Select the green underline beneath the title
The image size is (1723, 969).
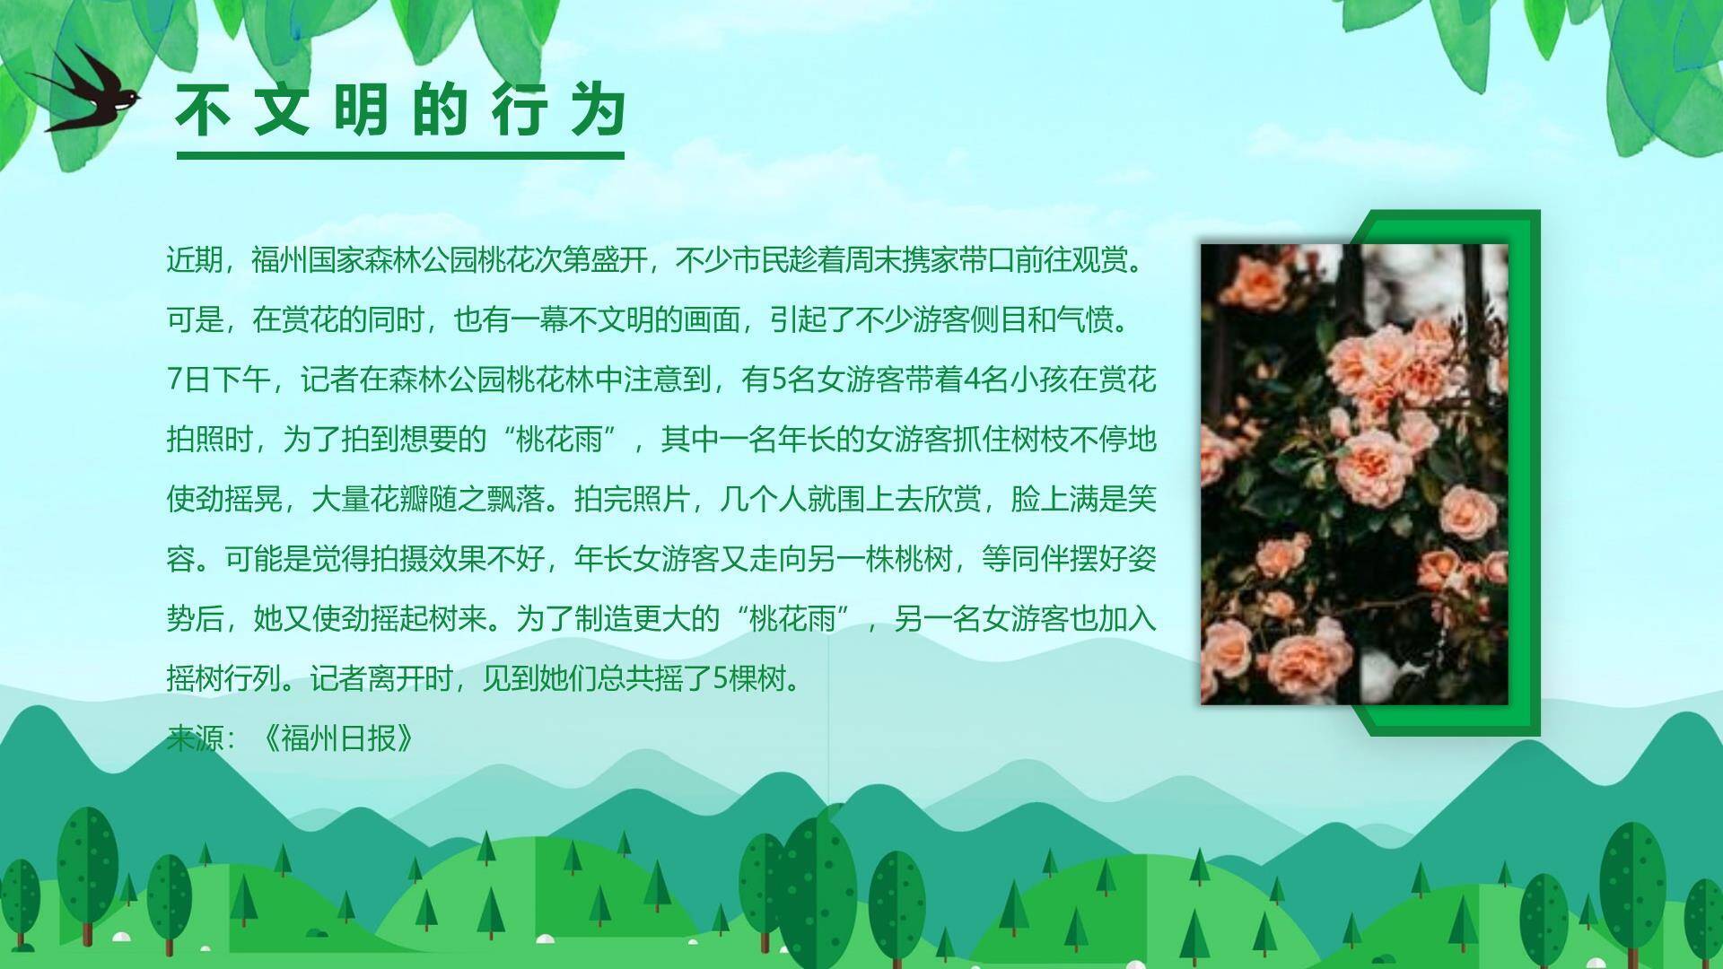tap(400, 156)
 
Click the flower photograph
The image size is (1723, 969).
tap(1354, 474)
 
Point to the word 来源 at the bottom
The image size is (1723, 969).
tap(195, 738)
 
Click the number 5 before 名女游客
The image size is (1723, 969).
tap(778, 380)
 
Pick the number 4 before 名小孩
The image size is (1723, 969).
tap(972, 380)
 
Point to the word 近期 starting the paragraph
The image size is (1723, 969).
tap(195, 261)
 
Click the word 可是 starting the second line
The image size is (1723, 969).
tap(195, 320)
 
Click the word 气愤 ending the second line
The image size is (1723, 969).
tap(1084, 320)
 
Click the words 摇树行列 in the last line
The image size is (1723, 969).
tap(223, 678)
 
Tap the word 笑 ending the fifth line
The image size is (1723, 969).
tap(1141, 499)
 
